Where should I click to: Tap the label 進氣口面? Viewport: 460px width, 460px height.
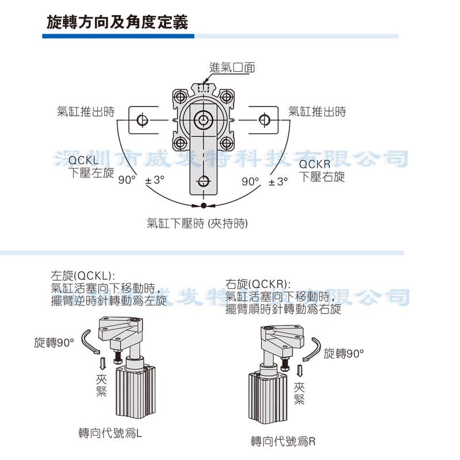pyautogui.click(x=232, y=67)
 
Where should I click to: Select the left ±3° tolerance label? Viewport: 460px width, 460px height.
pyautogui.click(x=155, y=181)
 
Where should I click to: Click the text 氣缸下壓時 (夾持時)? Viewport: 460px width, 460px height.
pyautogui.click(x=197, y=223)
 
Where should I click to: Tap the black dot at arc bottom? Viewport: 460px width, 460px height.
pyautogui.click(x=204, y=206)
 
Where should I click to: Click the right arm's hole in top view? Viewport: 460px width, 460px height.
pyautogui.click(x=264, y=120)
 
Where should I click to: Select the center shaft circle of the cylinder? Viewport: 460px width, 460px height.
pyautogui.click(x=204, y=120)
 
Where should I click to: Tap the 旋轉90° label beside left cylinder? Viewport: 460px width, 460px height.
pyautogui.click(x=55, y=343)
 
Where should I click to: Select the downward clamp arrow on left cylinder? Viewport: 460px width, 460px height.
pyautogui.click(x=103, y=363)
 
